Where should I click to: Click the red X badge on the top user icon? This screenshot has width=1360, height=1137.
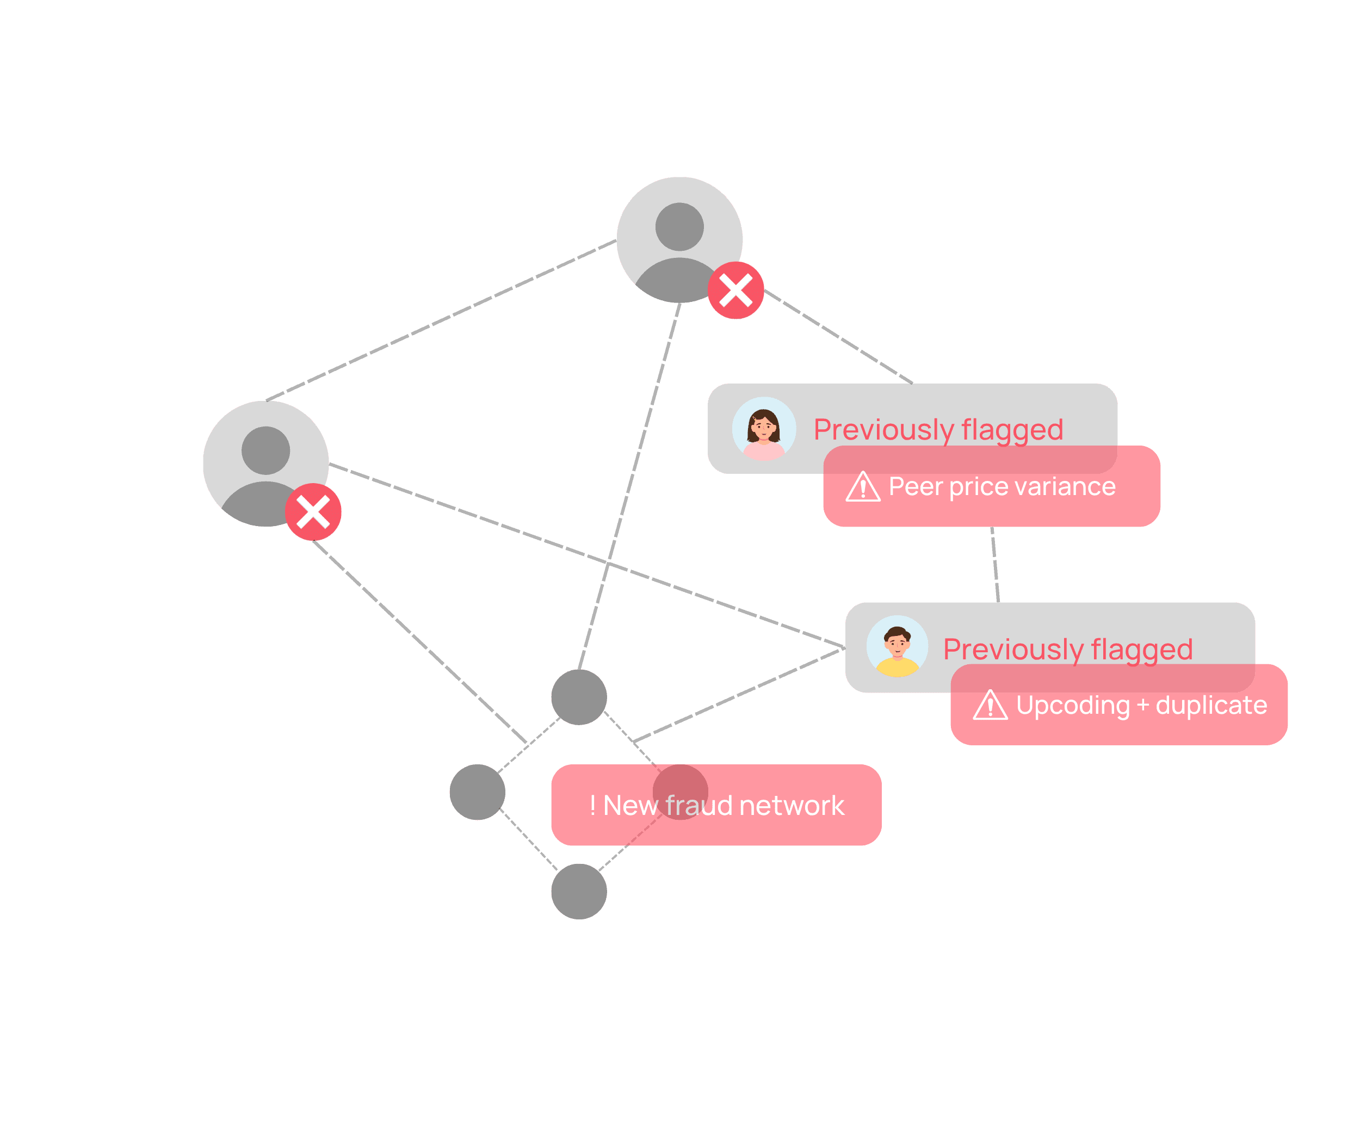(x=735, y=290)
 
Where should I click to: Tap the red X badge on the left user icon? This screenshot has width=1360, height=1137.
(x=313, y=512)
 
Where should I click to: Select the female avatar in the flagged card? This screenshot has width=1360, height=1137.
(x=764, y=429)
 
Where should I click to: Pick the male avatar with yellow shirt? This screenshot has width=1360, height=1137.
(x=897, y=647)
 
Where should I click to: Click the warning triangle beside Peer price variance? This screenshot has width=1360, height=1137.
(x=863, y=487)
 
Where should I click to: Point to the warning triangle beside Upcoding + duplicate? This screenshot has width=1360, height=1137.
(x=990, y=705)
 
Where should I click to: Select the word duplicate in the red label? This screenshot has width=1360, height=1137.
(x=1211, y=705)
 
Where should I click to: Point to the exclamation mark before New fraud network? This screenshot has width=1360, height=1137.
(x=592, y=806)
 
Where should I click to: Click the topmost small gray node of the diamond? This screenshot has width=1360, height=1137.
(x=579, y=697)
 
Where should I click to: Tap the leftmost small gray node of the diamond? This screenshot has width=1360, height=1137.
(x=477, y=792)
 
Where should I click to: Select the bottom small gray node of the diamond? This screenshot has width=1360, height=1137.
(x=579, y=892)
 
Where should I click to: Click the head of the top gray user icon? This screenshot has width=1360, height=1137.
(x=679, y=227)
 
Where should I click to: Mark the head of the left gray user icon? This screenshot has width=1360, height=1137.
(x=265, y=450)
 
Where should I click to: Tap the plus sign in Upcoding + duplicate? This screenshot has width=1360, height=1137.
(x=1143, y=705)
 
